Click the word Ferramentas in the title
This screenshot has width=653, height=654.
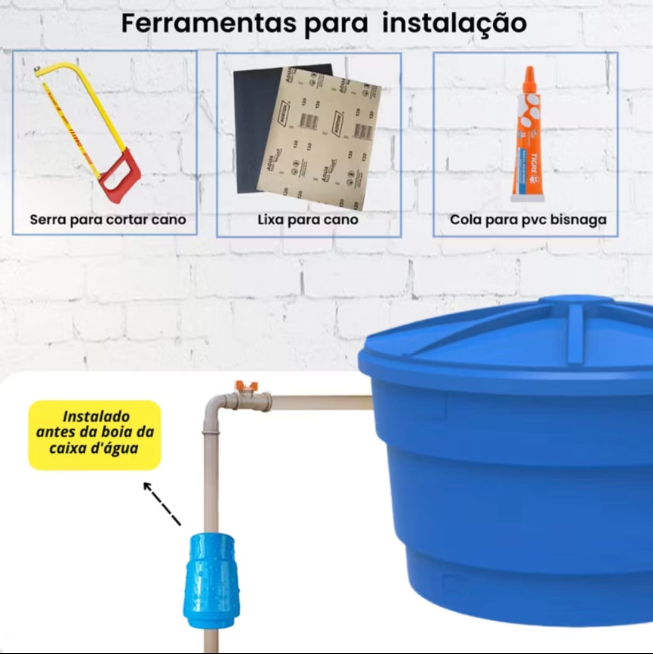pyautogui.click(x=209, y=24)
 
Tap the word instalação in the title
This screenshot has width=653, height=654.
pyautogui.click(x=454, y=24)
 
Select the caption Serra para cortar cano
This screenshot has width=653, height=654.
pyautogui.click(x=108, y=219)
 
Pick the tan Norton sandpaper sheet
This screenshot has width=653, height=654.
pyautogui.click(x=321, y=139)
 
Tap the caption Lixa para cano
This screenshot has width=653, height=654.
pyautogui.click(x=308, y=219)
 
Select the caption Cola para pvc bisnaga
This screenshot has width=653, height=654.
pyautogui.click(x=528, y=219)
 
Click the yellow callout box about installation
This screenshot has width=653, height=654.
pyautogui.click(x=95, y=435)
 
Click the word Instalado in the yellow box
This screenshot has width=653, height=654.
pyautogui.click(x=96, y=416)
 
